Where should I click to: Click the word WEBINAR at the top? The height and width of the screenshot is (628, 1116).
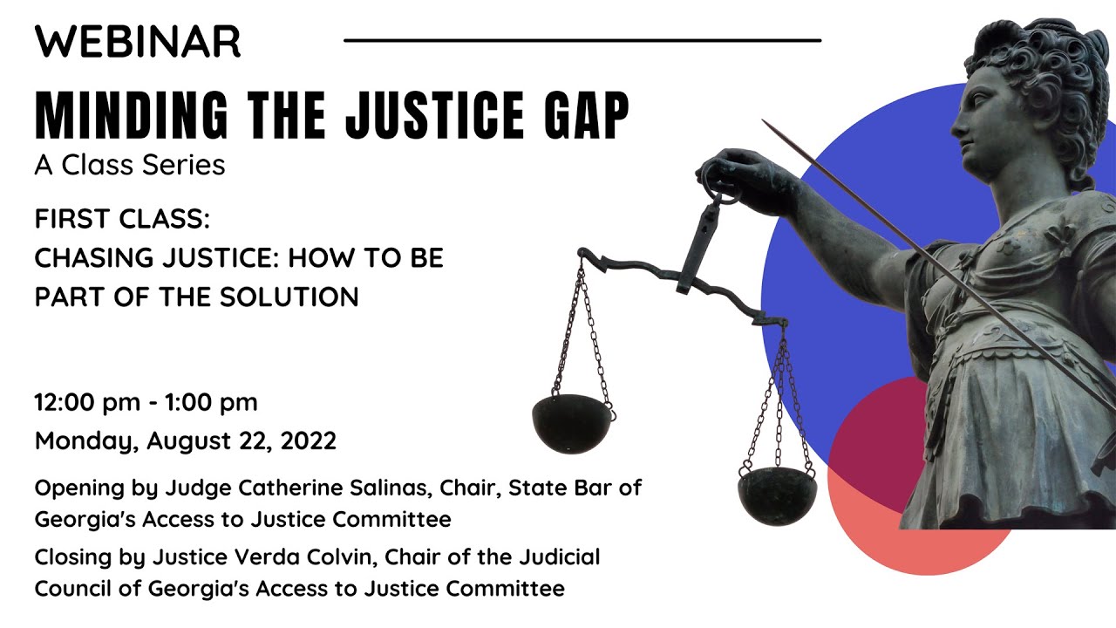tap(137, 41)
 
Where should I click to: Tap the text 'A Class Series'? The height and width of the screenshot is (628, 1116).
tap(130, 164)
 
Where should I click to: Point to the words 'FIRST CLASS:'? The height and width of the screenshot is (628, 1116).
tap(122, 219)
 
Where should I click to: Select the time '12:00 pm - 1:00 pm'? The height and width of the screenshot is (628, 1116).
tap(146, 402)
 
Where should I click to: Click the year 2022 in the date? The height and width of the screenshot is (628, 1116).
tap(309, 440)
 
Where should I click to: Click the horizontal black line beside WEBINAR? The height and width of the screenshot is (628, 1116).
tap(582, 40)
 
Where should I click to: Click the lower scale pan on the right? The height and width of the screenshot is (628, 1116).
tap(777, 495)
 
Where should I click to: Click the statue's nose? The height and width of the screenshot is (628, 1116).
tap(957, 119)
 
